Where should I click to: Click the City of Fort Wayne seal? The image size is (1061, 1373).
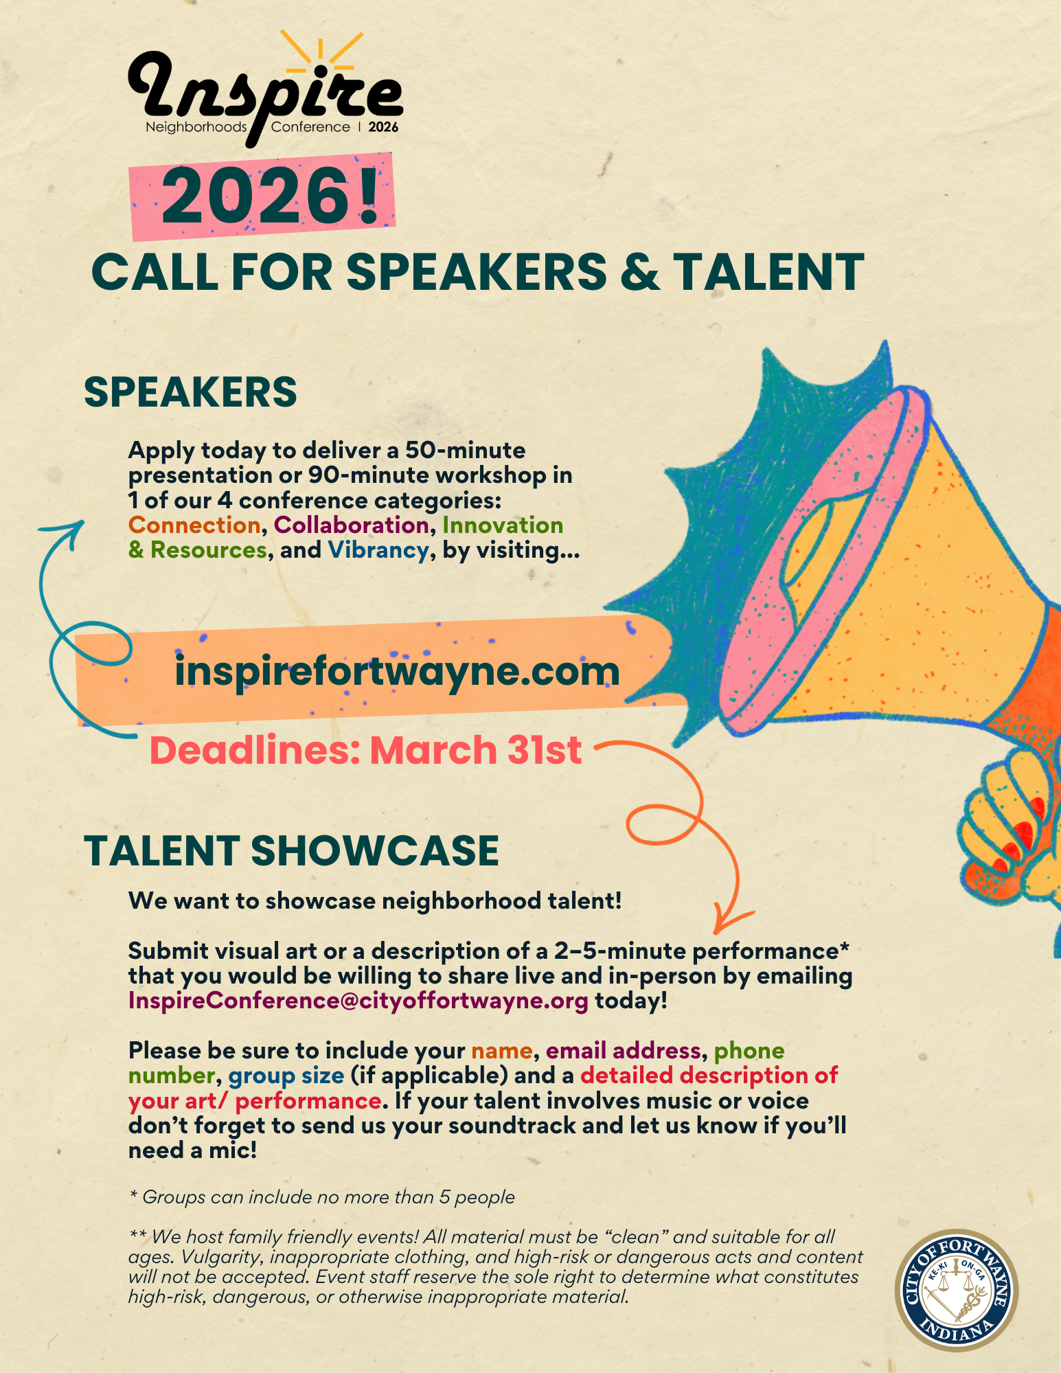[x=957, y=1290]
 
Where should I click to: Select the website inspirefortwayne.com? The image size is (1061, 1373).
[x=397, y=671]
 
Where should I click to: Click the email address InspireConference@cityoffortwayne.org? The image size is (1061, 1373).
[x=358, y=1001]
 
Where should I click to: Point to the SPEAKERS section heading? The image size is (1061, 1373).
[x=190, y=392]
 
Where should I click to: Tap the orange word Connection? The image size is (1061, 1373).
[x=194, y=525]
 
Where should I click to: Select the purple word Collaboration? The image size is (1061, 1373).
[x=352, y=525]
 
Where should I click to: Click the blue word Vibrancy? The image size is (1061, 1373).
[x=378, y=551]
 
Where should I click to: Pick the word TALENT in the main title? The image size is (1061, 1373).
[x=768, y=272]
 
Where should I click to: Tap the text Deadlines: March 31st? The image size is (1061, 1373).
[x=366, y=749]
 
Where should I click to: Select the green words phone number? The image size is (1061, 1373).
[x=457, y=1063]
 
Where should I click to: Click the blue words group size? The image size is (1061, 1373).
[x=286, y=1076]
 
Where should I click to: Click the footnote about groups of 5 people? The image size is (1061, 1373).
[x=322, y=1197]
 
